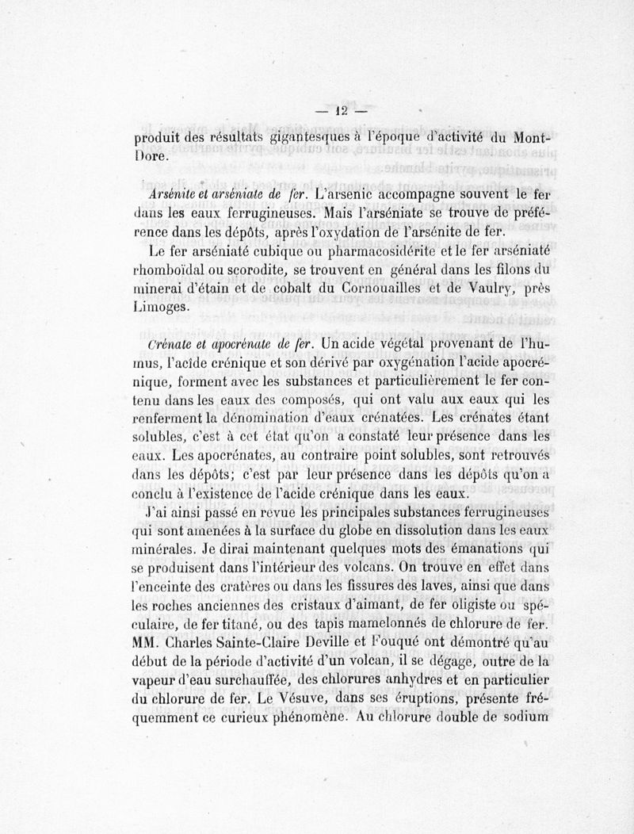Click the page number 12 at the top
[342, 112]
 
